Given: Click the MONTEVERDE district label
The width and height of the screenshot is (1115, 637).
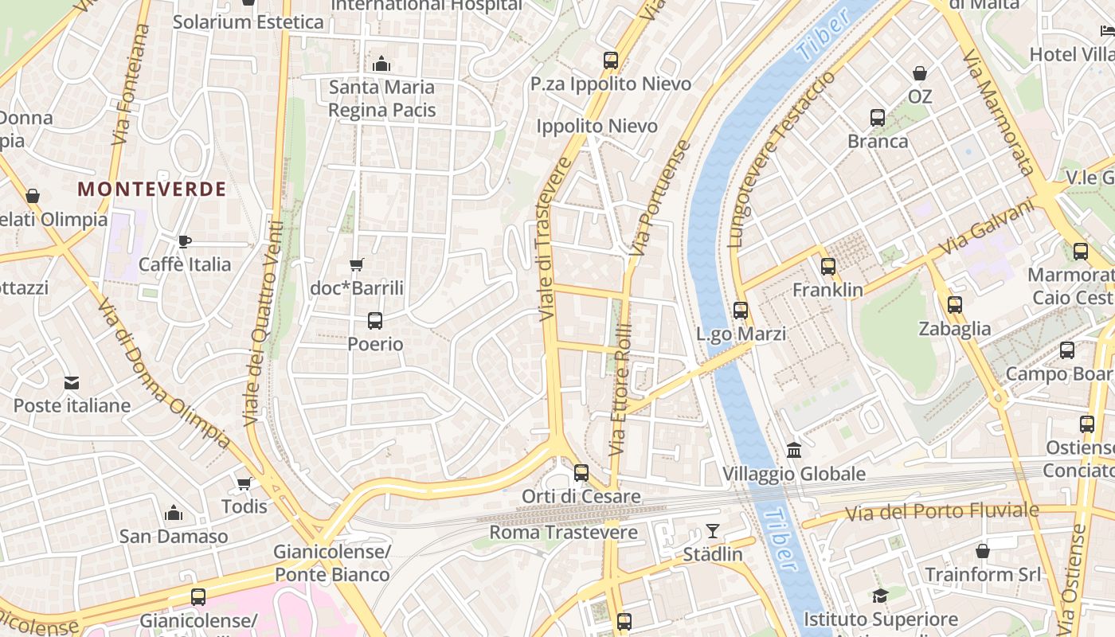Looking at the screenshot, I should pos(152,190).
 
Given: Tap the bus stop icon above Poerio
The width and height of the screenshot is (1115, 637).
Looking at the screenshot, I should pos(375,321).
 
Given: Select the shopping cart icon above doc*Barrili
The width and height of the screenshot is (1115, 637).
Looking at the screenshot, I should pos(357,264).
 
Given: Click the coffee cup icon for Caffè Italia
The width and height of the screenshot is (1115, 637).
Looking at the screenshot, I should pos(185,241).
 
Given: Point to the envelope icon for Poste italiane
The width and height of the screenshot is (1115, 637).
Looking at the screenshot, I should pos(72,383).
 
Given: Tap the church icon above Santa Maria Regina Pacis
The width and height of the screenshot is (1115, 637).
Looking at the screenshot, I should pos(381,64).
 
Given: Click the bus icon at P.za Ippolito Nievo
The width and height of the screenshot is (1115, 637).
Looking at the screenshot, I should pos(611,61).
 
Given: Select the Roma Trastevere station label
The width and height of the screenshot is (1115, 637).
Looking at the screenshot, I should pos(563,532).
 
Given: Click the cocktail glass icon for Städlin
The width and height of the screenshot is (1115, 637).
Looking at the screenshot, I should pos(713,531).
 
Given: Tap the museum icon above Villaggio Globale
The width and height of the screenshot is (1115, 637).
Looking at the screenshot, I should pos(794,451).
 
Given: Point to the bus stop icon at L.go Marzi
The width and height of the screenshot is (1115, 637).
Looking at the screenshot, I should pos(741,311).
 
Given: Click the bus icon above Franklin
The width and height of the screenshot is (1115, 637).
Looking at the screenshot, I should pos(828,267).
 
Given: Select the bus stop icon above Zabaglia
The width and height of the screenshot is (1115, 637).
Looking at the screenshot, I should pos(954,305).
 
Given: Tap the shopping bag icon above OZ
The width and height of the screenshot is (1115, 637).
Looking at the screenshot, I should pos(920,73).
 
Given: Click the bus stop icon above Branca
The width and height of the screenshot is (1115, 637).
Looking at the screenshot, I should pos(878,118).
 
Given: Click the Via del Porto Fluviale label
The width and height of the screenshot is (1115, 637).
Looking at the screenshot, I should pos(941,511).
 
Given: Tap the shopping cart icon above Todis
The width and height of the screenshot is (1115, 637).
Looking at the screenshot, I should pos(245,483).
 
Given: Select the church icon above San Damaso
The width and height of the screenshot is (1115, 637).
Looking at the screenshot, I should pos(174,514).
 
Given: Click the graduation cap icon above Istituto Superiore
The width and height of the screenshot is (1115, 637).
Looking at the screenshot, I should pos(880,596).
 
